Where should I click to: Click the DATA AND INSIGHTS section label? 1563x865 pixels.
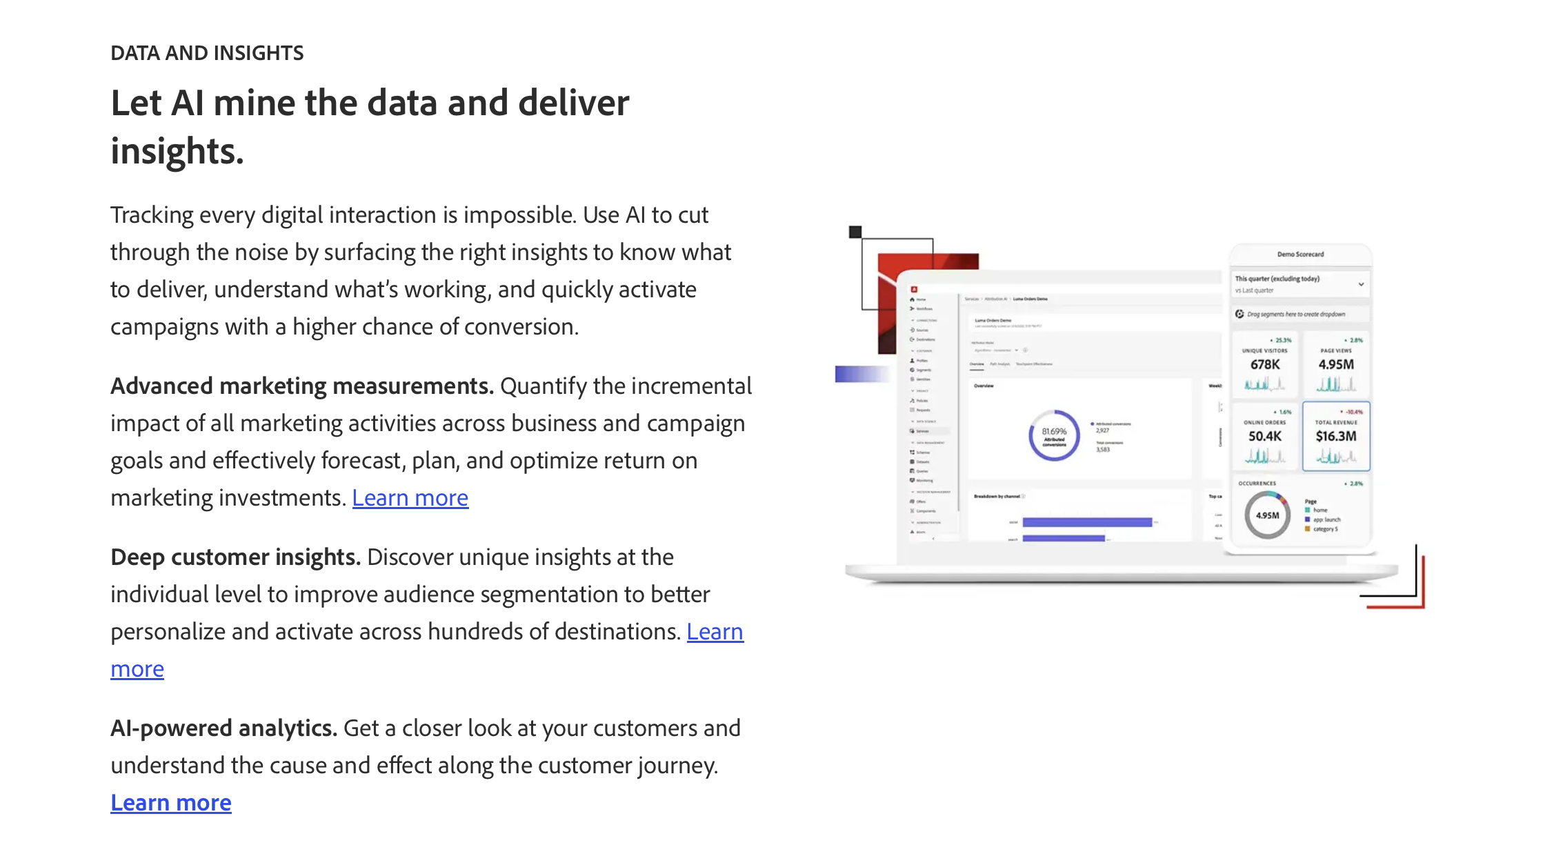[x=207, y=53]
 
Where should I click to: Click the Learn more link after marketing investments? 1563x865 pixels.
[x=410, y=497]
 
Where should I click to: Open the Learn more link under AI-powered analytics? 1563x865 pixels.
[x=171, y=802]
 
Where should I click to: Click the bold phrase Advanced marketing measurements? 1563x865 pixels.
[x=301, y=386]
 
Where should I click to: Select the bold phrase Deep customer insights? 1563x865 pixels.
[x=235, y=557]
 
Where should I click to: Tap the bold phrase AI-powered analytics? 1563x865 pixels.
[x=223, y=728]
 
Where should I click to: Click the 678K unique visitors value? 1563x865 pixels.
[x=1264, y=364]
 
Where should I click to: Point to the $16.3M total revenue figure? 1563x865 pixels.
[x=1335, y=436]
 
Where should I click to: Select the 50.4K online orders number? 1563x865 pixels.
[x=1264, y=436]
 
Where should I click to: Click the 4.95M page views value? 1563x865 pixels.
[x=1335, y=364]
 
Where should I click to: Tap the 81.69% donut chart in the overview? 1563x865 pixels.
[x=1054, y=435]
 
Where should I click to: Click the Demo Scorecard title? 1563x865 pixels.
[x=1300, y=255]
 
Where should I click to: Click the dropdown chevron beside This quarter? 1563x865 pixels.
[x=1361, y=284]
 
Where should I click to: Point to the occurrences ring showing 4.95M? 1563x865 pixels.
[x=1267, y=515]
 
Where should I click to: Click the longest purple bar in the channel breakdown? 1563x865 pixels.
[x=1087, y=522]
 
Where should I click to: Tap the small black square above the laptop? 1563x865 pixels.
[x=855, y=232]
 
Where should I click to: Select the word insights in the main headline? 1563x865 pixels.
[x=177, y=151]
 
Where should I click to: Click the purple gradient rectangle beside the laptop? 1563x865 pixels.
[x=861, y=374]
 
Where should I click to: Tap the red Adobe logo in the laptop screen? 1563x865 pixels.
[x=914, y=290]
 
